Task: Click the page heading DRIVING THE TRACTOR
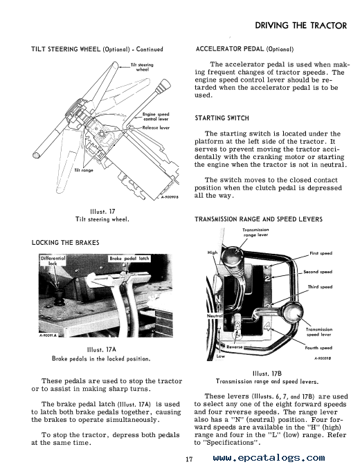(x=300, y=26)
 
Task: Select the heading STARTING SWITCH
(x=222, y=118)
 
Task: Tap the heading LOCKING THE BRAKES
(x=65, y=243)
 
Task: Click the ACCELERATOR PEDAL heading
(x=244, y=48)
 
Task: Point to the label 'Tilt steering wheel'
(x=142, y=67)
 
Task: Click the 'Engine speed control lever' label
(x=156, y=116)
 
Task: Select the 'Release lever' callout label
(x=156, y=127)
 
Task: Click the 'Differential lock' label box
(x=53, y=261)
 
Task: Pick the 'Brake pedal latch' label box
(x=129, y=259)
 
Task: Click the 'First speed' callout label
(x=321, y=253)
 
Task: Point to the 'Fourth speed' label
(x=318, y=348)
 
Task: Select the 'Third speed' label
(x=320, y=287)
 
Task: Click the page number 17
(x=188, y=459)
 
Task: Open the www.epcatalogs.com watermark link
(x=269, y=458)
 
